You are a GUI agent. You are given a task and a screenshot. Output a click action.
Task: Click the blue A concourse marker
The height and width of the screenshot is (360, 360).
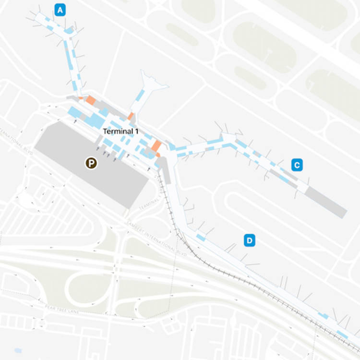pyautogui.click(x=60, y=10)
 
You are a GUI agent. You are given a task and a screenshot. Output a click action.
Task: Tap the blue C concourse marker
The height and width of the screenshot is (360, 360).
pyautogui.click(x=297, y=166)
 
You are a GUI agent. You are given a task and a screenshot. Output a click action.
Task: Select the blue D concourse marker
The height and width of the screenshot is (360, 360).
pyautogui.click(x=250, y=240)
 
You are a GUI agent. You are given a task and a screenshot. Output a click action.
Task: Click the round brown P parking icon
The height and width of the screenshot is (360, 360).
pyautogui.click(x=91, y=163)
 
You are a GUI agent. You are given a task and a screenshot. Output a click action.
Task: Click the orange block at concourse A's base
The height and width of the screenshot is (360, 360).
pyautogui.click(x=90, y=100)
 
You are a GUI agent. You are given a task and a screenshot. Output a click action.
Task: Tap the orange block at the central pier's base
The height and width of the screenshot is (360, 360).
pyautogui.click(x=131, y=116)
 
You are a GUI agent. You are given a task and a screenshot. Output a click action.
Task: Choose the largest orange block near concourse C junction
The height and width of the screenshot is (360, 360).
pyautogui.click(x=156, y=145)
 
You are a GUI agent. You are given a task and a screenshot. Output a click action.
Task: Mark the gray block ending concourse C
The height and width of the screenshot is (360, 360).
pyautogui.click(x=326, y=202)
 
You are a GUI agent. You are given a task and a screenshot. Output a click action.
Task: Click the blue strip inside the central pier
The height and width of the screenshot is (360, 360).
pyautogui.click(x=139, y=96)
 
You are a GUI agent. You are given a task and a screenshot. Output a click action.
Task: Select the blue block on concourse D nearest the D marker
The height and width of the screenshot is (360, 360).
pyautogui.click(x=201, y=238)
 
